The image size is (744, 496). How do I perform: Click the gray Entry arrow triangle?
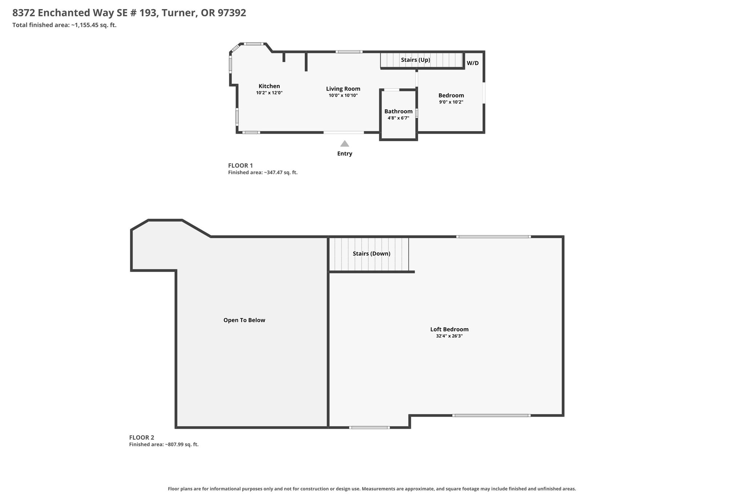tap(345, 144)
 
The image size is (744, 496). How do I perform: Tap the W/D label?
tap(473, 63)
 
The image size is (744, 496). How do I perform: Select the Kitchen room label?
tap(269, 86)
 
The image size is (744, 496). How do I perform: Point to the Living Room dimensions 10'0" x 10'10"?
tap(343, 96)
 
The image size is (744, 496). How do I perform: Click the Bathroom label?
tap(399, 112)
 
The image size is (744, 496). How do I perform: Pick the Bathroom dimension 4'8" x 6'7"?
tap(399, 118)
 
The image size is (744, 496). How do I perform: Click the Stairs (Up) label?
tap(416, 60)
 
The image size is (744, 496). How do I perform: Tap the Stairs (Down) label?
tap(372, 254)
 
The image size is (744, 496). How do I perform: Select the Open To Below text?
tap(244, 320)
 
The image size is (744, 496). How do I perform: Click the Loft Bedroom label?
tap(449, 330)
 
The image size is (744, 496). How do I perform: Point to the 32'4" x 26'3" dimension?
tap(449, 336)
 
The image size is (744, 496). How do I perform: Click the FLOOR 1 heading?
tap(240, 166)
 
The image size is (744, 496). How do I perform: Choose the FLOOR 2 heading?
tap(142, 438)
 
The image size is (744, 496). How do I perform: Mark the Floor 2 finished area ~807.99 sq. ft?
tap(164, 444)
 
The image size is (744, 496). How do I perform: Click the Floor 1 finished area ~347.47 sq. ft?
tap(263, 173)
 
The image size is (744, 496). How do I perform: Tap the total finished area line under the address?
tap(64, 25)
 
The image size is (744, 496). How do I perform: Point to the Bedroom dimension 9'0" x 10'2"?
tap(451, 102)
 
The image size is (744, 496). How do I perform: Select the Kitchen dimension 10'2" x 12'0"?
tap(269, 93)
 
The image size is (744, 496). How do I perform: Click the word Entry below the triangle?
tap(345, 154)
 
